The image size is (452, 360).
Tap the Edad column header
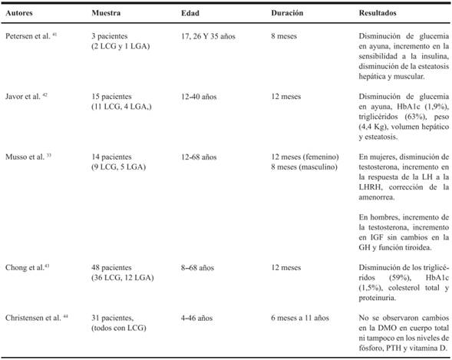tap(190, 14)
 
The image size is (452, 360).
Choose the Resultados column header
tap(382, 14)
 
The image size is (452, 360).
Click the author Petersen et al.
tap(28, 38)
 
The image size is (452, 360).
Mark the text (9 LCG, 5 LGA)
tap(118, 164)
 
